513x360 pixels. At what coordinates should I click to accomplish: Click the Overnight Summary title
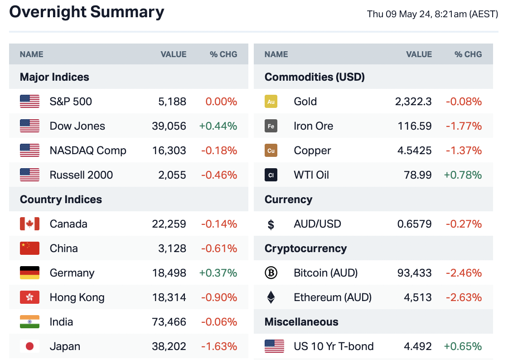(x=87, y=12)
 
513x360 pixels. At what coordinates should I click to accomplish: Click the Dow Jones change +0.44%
(x=218, y=126)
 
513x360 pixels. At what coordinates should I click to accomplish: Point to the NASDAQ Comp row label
(x=88, y=151)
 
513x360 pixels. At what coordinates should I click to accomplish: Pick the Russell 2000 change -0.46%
(x=219, y=175)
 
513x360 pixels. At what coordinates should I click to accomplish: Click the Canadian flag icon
(x=30, y=224)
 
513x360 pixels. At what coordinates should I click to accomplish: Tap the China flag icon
(x=30, y=248)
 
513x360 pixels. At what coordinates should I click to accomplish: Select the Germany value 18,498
(x=169, y=273)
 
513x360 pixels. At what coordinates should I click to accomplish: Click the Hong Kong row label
(x=77, y=297)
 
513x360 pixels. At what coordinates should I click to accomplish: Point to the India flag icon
(x=30, y=322)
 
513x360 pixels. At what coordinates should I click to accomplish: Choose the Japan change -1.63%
(x=219, y=346)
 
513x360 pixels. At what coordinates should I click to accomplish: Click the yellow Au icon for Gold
(x=271, y=102)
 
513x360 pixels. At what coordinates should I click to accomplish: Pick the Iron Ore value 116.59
(x=415, y=126)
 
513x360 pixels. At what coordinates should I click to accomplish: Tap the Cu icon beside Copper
(x=271, y=151)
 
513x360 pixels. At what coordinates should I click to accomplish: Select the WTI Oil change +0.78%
(x=463, y=175)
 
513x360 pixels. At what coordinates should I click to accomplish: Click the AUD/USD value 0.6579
(x=414, y=224)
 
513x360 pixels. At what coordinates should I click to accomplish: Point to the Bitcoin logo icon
(x=271, y=273)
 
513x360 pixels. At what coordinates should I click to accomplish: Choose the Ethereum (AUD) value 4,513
(x=418, y=297)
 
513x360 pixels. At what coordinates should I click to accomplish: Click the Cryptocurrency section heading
(x=305, y=248)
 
